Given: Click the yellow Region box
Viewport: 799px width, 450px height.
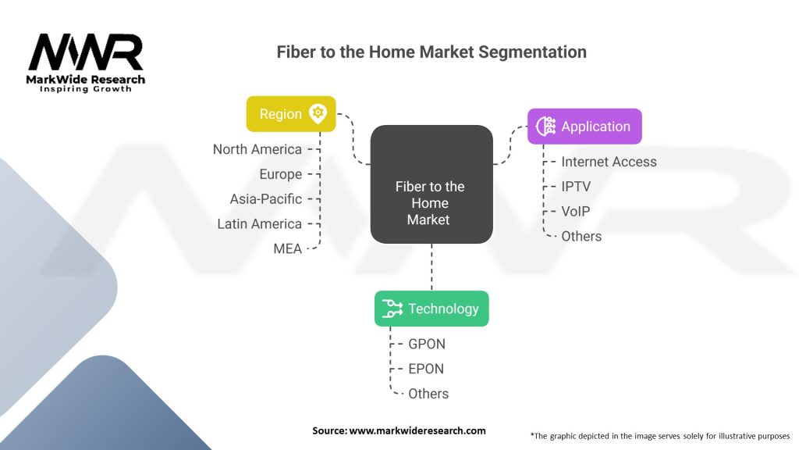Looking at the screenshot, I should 291,114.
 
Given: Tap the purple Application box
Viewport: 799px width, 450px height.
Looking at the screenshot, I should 584,127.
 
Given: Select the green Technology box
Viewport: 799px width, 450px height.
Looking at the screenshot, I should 431,309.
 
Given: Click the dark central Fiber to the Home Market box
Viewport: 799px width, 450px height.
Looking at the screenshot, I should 431,184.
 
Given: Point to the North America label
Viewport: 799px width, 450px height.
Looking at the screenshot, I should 257,149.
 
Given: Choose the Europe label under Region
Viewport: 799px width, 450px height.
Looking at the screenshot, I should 280,174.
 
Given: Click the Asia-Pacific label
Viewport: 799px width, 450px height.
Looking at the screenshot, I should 265,199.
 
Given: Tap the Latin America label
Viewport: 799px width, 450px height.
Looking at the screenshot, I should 259,224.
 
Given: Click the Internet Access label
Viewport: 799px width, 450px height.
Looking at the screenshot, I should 609,162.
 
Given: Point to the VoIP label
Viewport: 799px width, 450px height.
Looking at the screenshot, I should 576,212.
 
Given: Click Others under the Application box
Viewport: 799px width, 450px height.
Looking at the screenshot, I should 581,236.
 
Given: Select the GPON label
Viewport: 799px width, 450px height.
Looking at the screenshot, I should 427,344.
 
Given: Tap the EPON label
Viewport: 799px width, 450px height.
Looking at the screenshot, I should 426,369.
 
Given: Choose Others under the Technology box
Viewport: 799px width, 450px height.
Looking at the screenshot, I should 428,394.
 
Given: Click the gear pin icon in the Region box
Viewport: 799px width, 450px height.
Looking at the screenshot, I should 318,114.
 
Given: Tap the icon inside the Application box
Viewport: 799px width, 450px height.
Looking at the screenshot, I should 545,127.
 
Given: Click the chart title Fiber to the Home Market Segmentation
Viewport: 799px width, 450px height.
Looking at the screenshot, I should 431,52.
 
